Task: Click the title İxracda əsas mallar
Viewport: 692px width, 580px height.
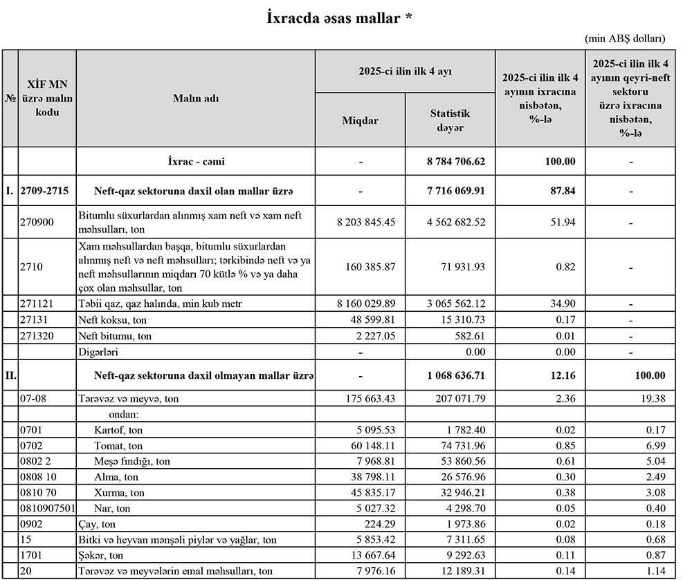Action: click(339, 18)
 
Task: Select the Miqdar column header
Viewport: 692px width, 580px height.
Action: click(360, 120)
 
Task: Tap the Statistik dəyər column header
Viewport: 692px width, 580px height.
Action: click(450, 120)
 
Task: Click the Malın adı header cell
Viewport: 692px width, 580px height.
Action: click(196, 98)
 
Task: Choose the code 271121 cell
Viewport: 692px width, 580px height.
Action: click(37, 304)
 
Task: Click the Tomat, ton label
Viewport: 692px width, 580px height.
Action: click(118, 446)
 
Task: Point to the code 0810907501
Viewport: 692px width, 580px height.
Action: click(46, 509)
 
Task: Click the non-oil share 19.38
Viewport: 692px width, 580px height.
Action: click(652, 399)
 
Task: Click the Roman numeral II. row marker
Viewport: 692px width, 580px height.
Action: click(10, 375)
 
